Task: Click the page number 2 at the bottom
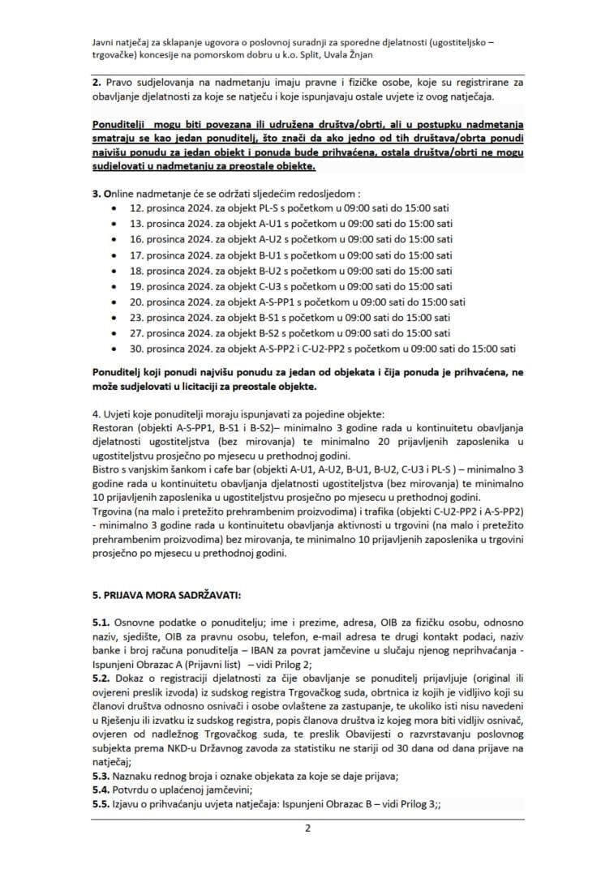tap(307, 828)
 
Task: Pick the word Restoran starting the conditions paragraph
tap(114, 426)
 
